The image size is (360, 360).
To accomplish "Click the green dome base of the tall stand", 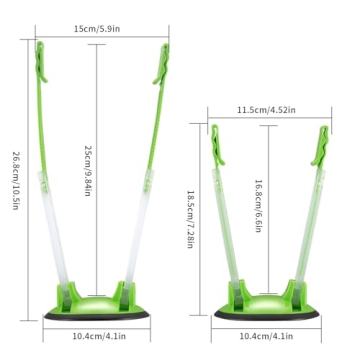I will pos(98,300).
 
